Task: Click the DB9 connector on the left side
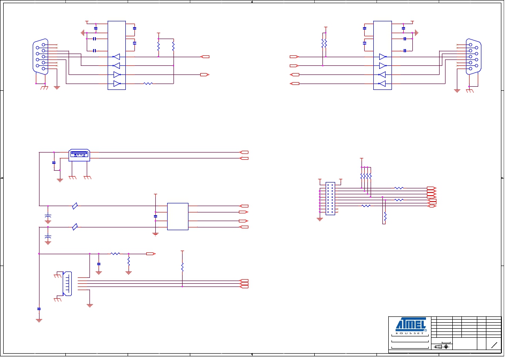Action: (41, 57)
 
